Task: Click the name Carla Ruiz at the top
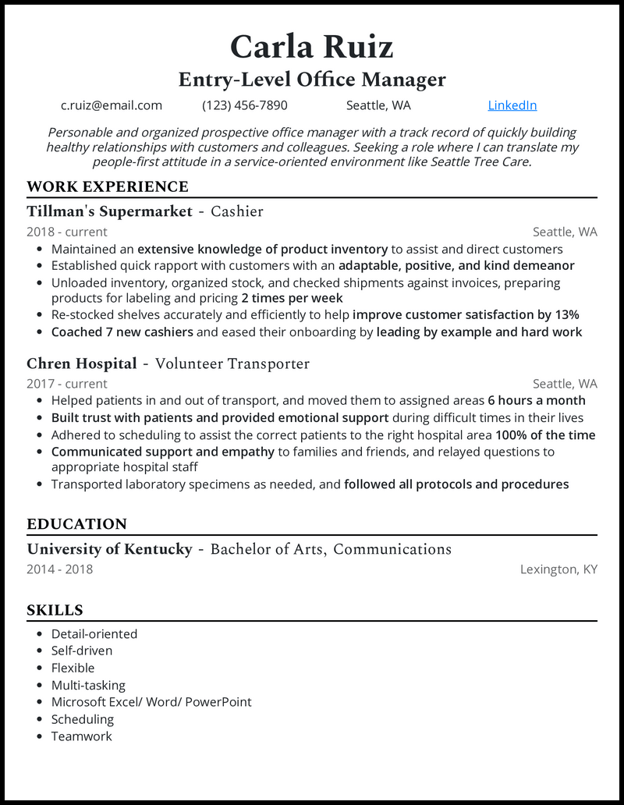pyautogui.click(x=311, y=47)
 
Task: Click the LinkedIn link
pyautogui.click(x=512, y=105)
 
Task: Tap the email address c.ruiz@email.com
pyautogui.click(x=112, y=105)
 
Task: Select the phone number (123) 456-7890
pyautogui.click(x=245, y=105)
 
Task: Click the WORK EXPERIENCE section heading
pyautogui.click(x=107, y=186)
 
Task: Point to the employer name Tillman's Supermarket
pyautogui.click(x=109, y=211)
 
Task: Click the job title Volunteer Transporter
pyautogui.click(x=232, y=363)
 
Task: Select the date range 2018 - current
pyautogui.click(x=67, y=232)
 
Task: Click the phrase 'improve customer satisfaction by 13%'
pyautogui.click(x=466, y=315)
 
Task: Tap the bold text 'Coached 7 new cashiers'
pyautogui.click(x=122, y=332)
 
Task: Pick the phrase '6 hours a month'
pyautogui.click(x=537, y=400)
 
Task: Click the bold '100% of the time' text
pyautogui.click(x=545, y=434)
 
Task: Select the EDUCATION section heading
pyautogui.click(x=76, y=524)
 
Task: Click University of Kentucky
pyautogui.click(x=109, y=549)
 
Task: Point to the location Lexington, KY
pyautogui.click(x=558, y=569)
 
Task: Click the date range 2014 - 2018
pyautogui.click(x=59, y=569)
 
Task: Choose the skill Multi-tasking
pyautogui.click(x=88, y=685)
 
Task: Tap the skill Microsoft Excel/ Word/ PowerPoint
pyautogui.click(x=151, y=702)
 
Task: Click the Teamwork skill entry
pyautogui.click(x=82, y=736)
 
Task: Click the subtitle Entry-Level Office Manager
pyautogui.click(x=312, y=79)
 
